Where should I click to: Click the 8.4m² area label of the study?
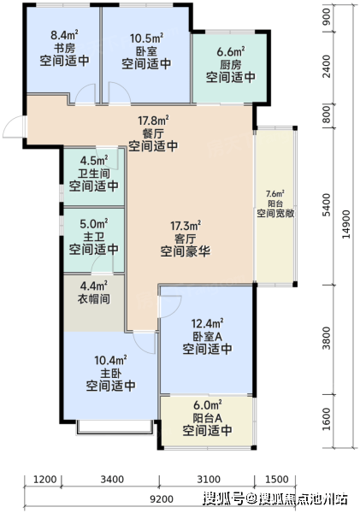pyautogui.click(x=64, y=34)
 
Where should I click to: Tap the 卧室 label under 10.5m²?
pyautogui.click(x=146, y=51)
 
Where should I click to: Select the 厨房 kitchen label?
pyautogui.click(x=230, y=64)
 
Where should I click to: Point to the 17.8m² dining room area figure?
pyautogui.click(x=153, y=121)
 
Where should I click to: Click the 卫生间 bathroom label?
pyautogui.click(x=93, y=174)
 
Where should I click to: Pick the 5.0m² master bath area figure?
pyautogui.click(x=93, y=224)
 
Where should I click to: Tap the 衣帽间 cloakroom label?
pyautogui.click(x=93, y=299)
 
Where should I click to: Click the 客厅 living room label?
pyautogui.click(x=185, y=239)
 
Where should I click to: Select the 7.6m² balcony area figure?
pyautogui.click(x=274, y=193)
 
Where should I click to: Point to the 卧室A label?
pyautogui.click(x=207, y=336)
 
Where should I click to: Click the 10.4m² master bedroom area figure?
pyautogui.click(x=110, y=361)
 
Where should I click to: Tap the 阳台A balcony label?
pyautogui.click(x=207, y=418)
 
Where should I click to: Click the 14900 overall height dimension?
pyautogui.click(x=345, y=224)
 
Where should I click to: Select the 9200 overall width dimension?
pyautogui.click(x=162, y=499)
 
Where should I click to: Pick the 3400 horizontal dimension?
pyautogui.click(x=112, y=480)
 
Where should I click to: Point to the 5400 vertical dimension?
pyautogui.click(x=327, y=205)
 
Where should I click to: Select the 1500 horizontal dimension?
pyautogui.click(x=276, y=480)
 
